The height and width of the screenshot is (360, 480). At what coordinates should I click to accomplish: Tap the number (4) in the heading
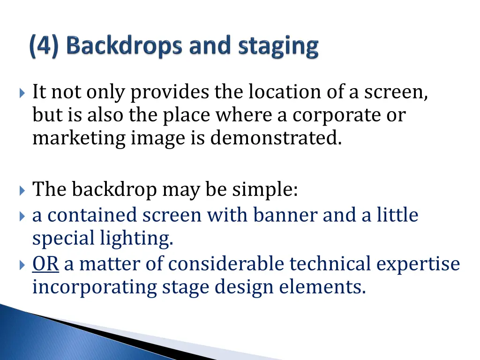coord(44,47)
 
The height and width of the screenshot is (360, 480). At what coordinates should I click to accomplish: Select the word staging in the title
coord(278,48)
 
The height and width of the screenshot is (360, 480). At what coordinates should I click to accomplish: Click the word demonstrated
coord(276,138)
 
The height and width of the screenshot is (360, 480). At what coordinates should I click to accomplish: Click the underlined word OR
coord(45,264)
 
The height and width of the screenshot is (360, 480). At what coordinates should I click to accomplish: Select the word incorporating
coord(94,287)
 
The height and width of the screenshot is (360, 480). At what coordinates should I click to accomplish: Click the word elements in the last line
coord(322,287)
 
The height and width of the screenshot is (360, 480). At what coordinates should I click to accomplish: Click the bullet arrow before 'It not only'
coord(23,93)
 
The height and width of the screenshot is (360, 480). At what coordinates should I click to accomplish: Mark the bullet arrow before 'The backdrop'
coord(23,190)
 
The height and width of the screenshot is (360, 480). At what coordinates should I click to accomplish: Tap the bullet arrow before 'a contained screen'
coord(23,216)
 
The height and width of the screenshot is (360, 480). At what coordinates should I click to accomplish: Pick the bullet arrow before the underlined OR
coord(23,264)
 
